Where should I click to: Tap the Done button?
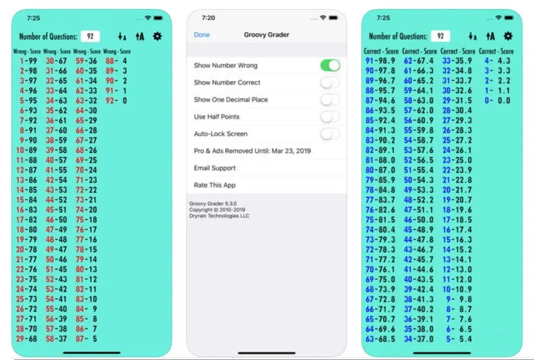(x=201, y=35)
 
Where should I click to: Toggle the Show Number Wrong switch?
(x=330, y=66)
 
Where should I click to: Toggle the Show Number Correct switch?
(x=330, y=82)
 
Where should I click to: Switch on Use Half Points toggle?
(x=330, y=117)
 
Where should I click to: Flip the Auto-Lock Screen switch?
(x=330, y=134)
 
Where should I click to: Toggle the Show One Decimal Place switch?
(x=330, y=99)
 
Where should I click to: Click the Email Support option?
(x=214, y=168)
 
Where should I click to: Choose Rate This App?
(x=214, y=185)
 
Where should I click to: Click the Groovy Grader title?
(x=266, y=35)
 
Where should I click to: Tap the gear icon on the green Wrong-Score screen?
(x=157, y=36)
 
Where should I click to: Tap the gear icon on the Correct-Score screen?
(x=508, y=36)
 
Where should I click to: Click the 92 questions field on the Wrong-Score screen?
(x=90, y=36)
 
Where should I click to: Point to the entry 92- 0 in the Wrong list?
(x=116, y=100)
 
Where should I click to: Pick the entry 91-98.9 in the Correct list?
(x=380, y=61)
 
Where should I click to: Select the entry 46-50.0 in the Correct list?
(x=419, y=220)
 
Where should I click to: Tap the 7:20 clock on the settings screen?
(x=208, y=18)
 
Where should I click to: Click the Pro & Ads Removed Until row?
(x=252, y=151)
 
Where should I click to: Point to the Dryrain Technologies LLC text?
(x=219, y=216)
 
